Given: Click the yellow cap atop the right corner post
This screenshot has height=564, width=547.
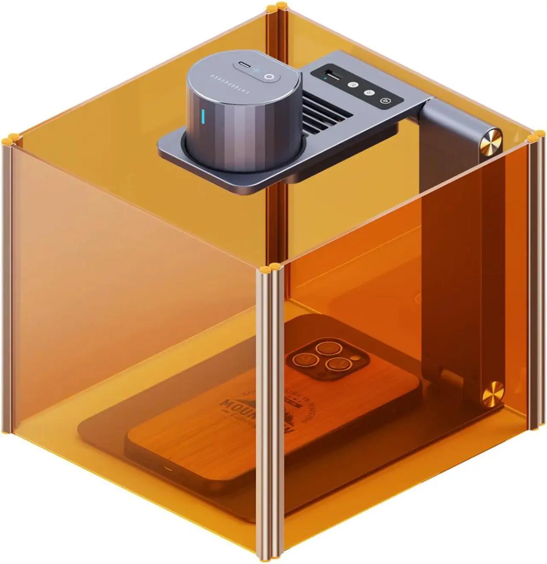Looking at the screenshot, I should pyautogui.click(x=536, y=138).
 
